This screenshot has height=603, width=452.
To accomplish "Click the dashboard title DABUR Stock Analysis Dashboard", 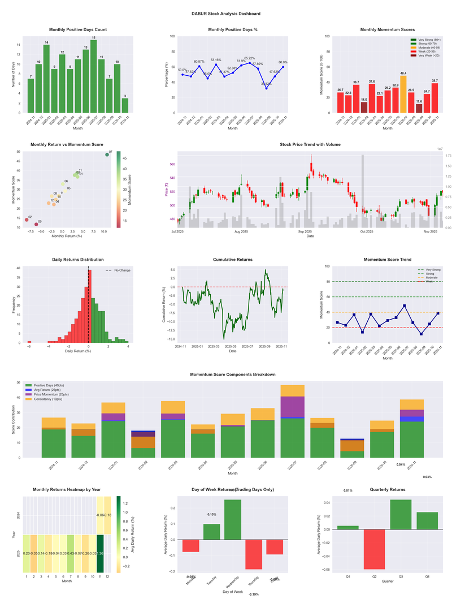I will [225, 13].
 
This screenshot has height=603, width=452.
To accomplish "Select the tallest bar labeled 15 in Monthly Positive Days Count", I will [93, 76].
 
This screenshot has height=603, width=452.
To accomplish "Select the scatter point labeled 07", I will [107, 154].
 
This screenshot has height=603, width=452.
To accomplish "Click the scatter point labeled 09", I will [36, 224].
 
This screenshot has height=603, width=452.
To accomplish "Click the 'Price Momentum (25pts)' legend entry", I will [51, 394].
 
